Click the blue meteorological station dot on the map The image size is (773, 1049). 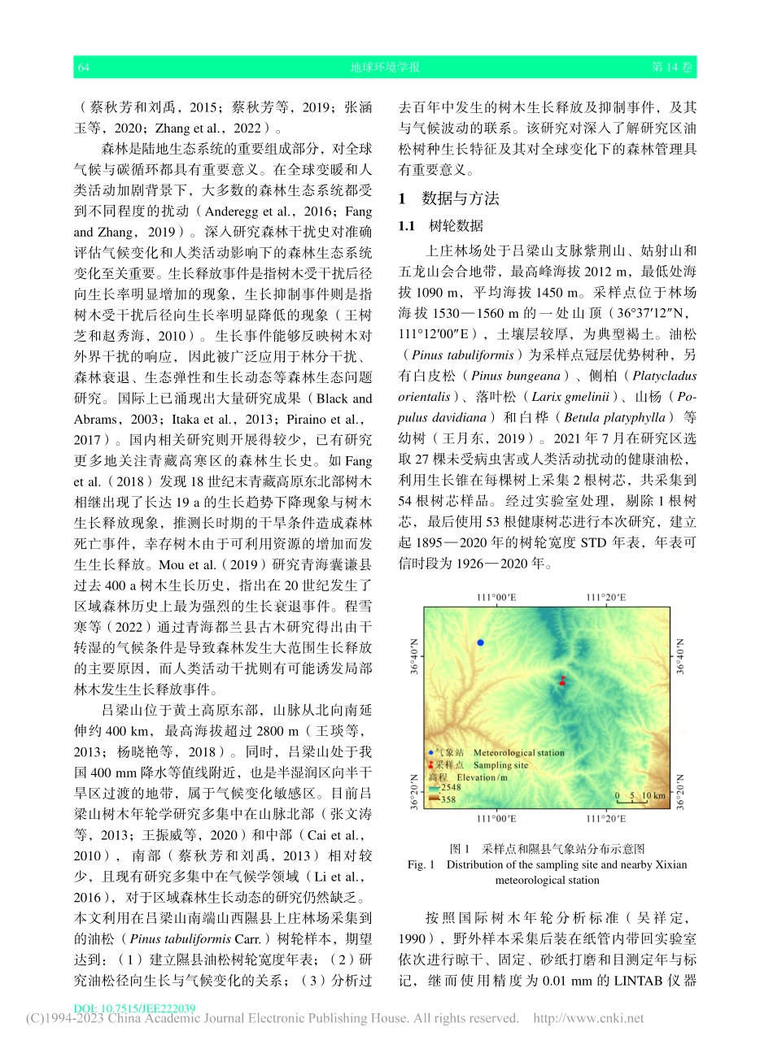(481, 642)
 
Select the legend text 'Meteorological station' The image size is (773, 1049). (518, 753)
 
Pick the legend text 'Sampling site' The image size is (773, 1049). (500, 765)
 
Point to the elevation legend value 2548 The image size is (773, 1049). (450, 787)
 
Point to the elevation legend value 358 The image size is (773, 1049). (448, 799)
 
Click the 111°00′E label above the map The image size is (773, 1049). (496, 598)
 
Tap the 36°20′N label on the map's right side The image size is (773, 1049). (681, 791)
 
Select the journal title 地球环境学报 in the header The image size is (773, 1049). (385, 67)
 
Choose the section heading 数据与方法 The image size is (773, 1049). (461, 198)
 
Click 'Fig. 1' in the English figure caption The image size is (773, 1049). (421, 864)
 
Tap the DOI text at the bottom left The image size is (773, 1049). (135, 1008)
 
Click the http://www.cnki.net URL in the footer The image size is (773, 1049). (588, 1018)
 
